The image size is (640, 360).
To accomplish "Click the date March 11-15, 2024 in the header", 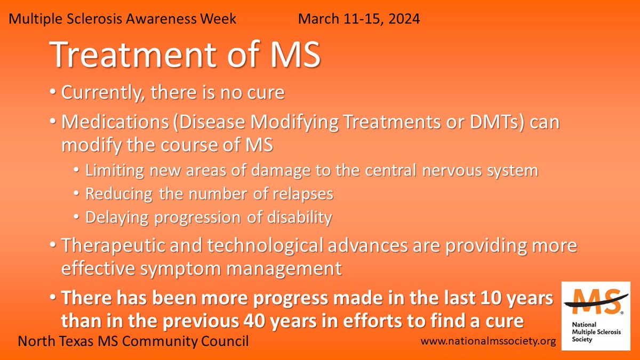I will pyautogui.click(x=358, y=20).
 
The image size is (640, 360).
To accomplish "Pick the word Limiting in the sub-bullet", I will pyautogui.click(x=111, y=171).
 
